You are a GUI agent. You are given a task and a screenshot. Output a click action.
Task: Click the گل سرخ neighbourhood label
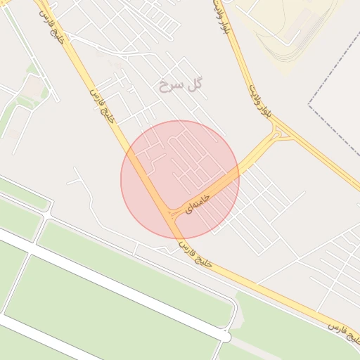[181, 84]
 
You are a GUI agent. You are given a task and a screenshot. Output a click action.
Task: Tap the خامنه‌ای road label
[198, 200]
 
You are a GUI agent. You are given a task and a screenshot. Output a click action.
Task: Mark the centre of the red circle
[180, 179]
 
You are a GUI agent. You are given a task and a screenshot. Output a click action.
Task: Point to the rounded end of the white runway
[224, 337]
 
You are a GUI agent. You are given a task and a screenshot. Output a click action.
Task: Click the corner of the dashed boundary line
[310, 105]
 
